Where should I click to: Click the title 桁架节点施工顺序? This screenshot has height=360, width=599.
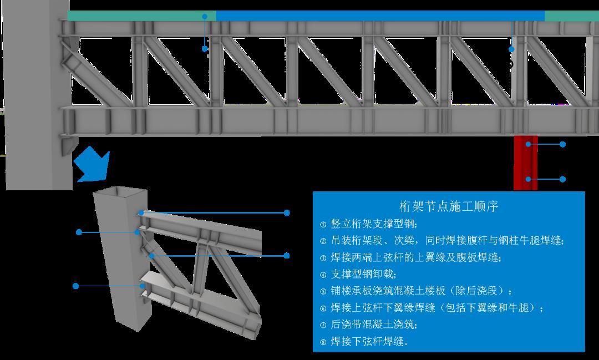click(x=449, y=206)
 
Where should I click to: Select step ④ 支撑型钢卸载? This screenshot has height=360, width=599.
click(x=358, y=274)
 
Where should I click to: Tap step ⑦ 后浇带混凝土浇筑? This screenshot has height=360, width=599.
click(x=369, y=324)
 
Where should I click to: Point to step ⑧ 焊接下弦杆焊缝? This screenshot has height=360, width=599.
click(x=364, y=341)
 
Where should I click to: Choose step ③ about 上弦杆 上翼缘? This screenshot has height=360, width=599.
click(x=410, y=257)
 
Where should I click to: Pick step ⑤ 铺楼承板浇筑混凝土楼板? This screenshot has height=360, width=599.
click(x=416, y=291)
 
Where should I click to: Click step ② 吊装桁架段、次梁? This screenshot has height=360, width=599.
click(x=442, y=240)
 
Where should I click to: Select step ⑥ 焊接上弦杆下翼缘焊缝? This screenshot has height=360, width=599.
click(x=432, y=308)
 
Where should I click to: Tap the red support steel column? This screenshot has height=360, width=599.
click(x=525, y=163)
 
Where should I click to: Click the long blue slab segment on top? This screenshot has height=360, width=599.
click(x=380, y=16)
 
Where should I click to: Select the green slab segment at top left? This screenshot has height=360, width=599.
click(x=142, y=16)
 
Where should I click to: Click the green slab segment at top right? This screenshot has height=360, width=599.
click(x=572, y=16)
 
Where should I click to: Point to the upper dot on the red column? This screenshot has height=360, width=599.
click(x=528, y=144)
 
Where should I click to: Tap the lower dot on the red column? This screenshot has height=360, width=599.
click(x=528, y=179)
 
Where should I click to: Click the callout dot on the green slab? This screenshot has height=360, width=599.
click(x=205, y=17)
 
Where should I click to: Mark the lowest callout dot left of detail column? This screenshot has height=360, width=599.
click(x=75, y=286)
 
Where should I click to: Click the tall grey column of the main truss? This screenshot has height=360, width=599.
click(x=38, y=95)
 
